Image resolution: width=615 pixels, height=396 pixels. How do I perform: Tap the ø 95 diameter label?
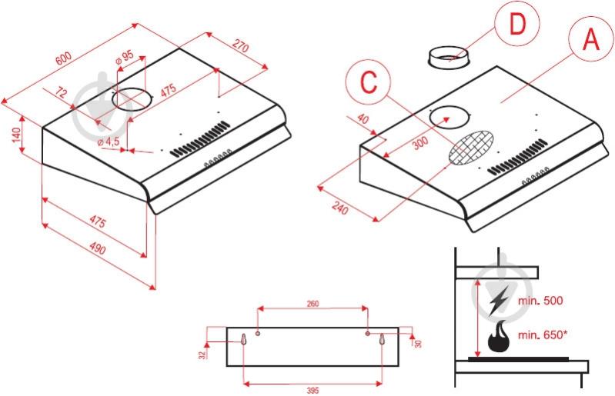tap(125, 57)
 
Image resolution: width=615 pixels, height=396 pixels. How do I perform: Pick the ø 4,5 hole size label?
tap(109, 142)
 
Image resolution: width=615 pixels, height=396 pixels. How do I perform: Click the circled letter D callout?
tap(518, 26)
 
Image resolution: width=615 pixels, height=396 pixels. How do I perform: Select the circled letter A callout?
tap(591, 38)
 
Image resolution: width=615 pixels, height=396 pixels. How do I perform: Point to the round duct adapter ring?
tap(450, 57)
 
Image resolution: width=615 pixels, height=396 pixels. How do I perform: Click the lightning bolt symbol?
tap(499, 300)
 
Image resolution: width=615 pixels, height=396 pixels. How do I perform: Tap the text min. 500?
tap(543, 301)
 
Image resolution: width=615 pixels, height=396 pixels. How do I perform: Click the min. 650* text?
tap(545, 334)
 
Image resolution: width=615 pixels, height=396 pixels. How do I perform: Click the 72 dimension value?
tap(62, 94)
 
